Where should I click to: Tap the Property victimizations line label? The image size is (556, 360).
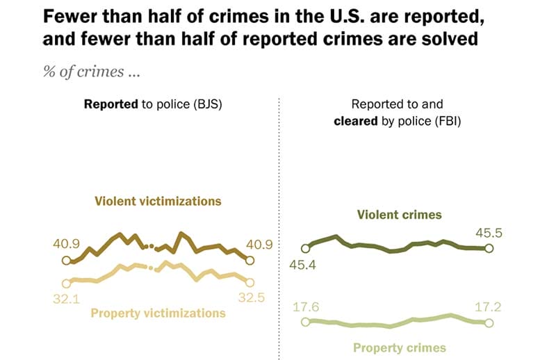[158, 313]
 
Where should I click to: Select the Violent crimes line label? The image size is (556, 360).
[400, 215]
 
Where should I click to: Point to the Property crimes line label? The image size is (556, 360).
[400, 347]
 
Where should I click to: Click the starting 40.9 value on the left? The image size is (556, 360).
[66, 245]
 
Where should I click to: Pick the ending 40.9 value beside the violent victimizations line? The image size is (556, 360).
[257, 245]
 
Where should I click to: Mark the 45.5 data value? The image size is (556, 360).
[489, 233]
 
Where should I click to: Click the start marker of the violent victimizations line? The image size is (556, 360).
[66, 261]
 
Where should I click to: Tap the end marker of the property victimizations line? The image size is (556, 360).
[250, 282]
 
